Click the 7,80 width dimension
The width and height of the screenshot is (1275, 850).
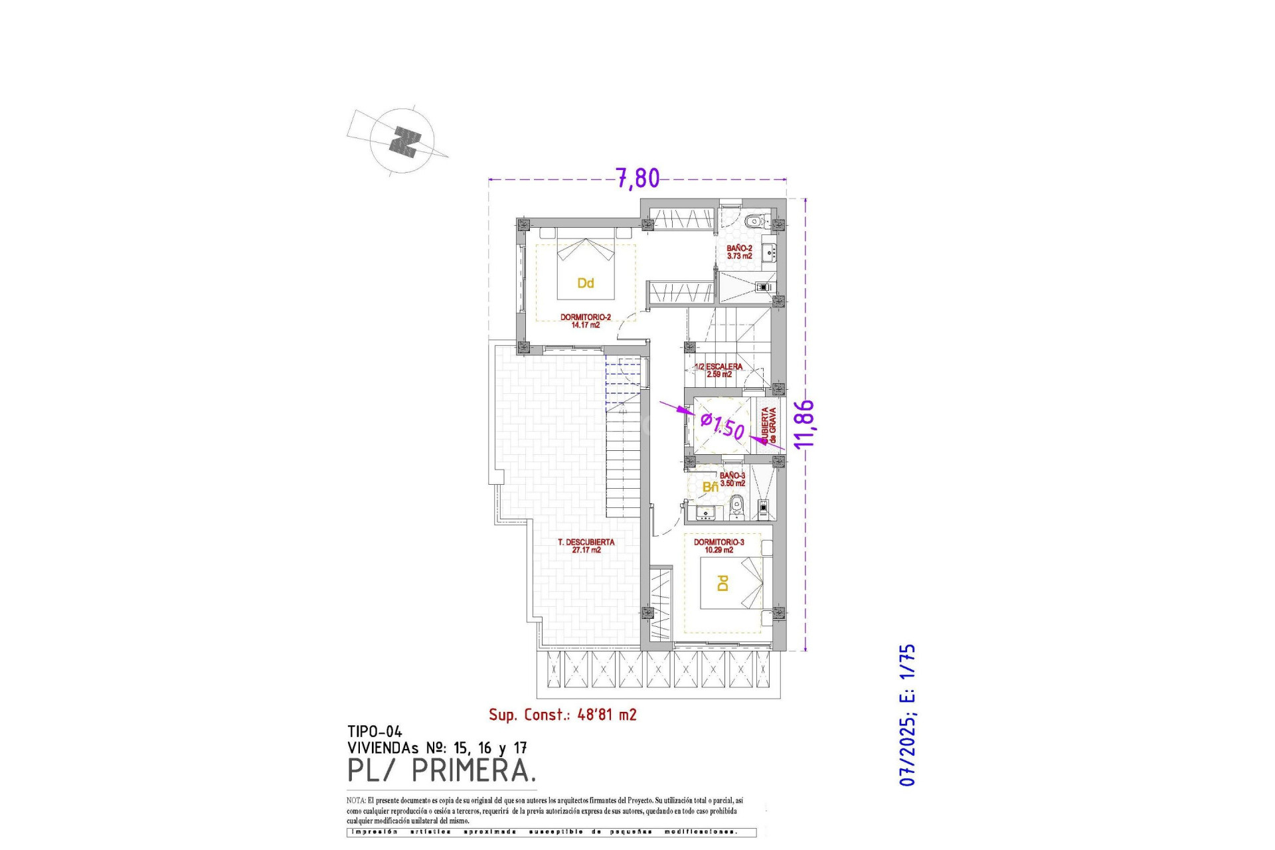pos(637,179)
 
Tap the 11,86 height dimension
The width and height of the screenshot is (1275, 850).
pos(804,423)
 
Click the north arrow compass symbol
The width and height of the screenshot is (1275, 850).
pos(402,141)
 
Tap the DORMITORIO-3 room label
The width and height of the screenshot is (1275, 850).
pos(719,546)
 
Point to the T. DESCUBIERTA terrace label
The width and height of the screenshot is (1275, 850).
pos(586,546)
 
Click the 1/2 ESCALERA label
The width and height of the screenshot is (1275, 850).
pos(719,371)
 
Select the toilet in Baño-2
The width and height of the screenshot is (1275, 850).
pos(755,221)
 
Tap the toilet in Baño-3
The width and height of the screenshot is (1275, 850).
pos(736,509)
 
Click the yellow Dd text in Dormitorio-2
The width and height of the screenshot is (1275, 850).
pos(585,284)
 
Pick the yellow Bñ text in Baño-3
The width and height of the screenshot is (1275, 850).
pos(710,487)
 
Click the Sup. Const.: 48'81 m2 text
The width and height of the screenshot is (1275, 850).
pos(562,715)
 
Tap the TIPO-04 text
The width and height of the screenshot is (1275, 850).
pos(375,732)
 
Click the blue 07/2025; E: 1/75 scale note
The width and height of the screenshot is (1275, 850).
pos(907,715)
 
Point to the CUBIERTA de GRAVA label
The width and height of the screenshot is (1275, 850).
pos(768,425)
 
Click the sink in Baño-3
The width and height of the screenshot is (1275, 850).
pos(705,512)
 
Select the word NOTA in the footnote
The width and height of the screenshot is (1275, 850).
pos(355,801)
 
